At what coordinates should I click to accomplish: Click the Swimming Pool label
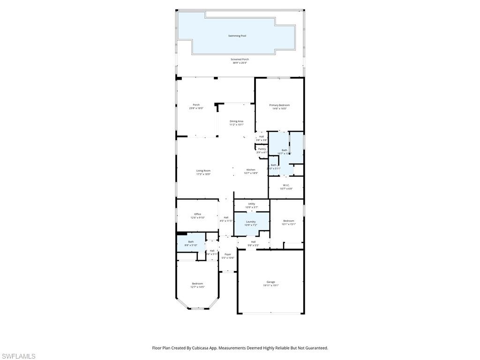[237, 36]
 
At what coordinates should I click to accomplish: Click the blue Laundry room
[251, 223]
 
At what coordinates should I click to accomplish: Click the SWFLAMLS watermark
[18, 356]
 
